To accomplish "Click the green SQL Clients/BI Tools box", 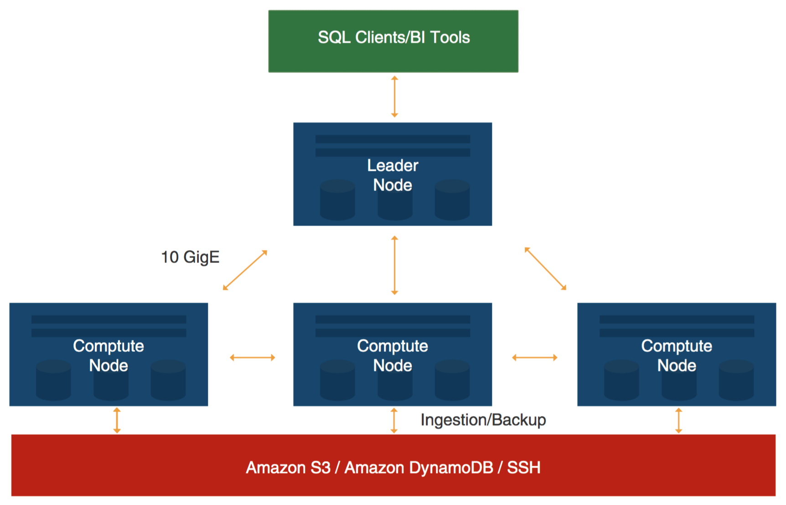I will click(x=393, y=41).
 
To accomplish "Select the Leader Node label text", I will click(x=393, y=175).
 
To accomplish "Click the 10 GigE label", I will click(x=190, y=257).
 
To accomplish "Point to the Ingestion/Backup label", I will click(x=483, y=420).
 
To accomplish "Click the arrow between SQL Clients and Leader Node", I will click(x=394, y=97).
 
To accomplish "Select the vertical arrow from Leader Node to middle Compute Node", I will click(x=394, y=265).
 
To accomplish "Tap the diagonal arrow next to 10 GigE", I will click(x=245, y=270).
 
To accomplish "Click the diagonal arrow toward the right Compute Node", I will click(x=545, y=268).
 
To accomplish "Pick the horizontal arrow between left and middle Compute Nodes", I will click(x=252, y=357).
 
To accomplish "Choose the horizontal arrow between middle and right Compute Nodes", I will click(x=534, y=357).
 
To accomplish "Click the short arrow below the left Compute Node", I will click(x=117, y=420).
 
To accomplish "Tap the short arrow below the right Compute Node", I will click(x=678, y=420).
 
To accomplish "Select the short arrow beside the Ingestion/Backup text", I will click(x=394, y=420).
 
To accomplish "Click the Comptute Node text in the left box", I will click(x=109, y=356).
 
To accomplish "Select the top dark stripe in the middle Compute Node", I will click(x=393, y=319).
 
